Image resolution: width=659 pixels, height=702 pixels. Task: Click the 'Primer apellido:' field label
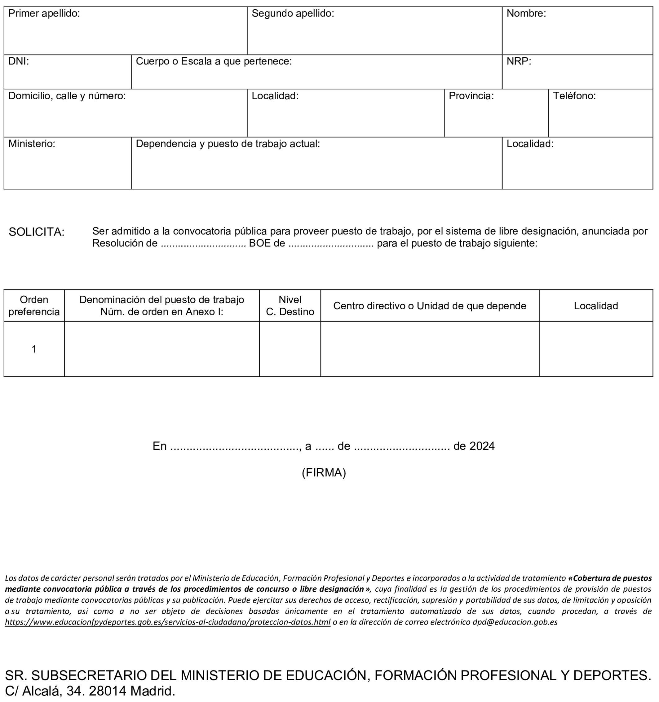44,14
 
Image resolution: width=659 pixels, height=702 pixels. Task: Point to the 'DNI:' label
19,61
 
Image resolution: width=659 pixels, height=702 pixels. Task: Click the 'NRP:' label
519,61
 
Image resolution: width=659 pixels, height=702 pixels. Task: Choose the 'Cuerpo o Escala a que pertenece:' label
214,61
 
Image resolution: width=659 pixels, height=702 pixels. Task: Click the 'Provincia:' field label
471,96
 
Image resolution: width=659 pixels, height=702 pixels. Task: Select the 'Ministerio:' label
32,144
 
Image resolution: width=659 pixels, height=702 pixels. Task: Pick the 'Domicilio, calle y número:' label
67,96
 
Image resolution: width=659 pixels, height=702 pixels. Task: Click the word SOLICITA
36,232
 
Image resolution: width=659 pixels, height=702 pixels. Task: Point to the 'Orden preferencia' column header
34,306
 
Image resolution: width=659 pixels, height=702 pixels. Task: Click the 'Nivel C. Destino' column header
290,306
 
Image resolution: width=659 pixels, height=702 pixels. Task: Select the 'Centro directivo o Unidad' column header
429,306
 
